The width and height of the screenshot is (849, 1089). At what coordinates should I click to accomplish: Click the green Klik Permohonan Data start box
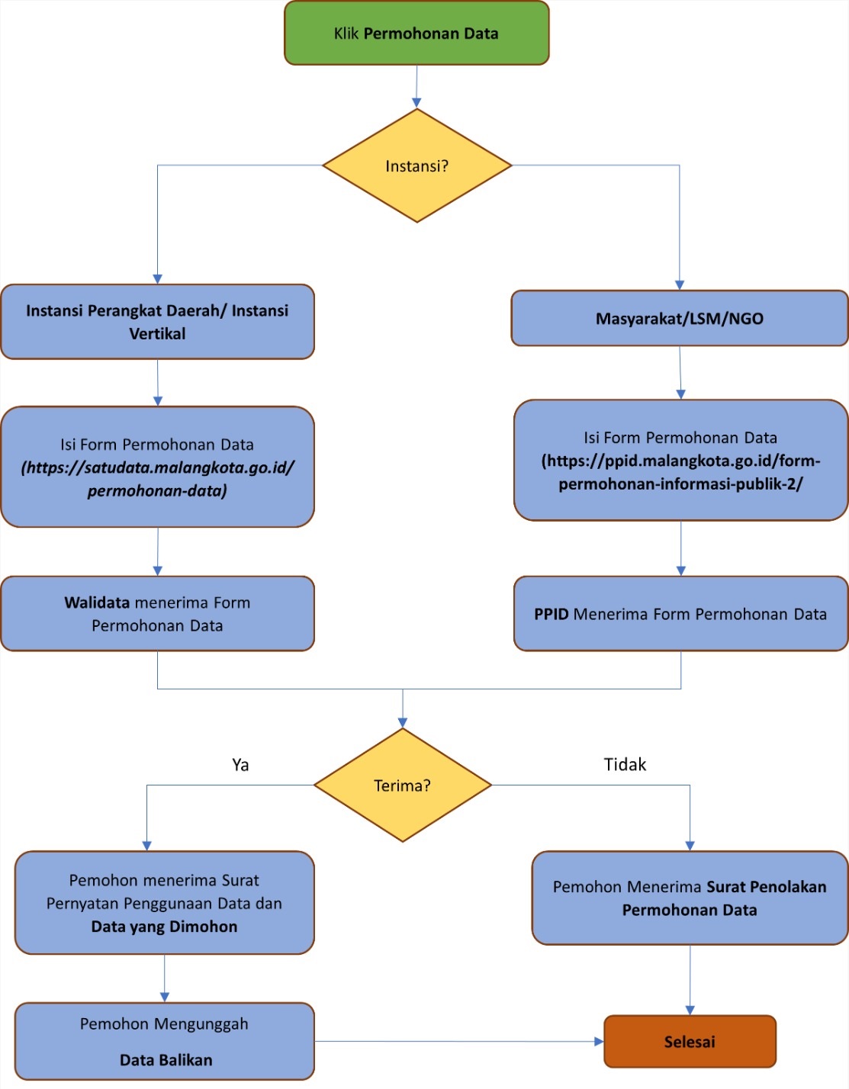[416, 34]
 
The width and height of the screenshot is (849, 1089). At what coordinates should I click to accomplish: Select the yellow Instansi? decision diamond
[416, 166]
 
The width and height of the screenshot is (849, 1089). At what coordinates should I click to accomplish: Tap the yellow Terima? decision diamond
[402, 785]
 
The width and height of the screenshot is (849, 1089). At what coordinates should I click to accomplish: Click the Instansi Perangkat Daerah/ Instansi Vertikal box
[157, 322]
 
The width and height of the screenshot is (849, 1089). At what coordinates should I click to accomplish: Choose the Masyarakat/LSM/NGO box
[679, 319]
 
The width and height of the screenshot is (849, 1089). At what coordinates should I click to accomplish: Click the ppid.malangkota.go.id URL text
[680, 472]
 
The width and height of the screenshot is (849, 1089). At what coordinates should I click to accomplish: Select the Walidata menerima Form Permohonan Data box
[157, 614]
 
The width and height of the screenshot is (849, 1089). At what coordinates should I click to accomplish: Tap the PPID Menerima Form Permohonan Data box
[680, 614]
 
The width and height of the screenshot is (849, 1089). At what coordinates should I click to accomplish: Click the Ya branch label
[240, 765]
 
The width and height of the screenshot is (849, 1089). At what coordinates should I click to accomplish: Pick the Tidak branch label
[625, 765]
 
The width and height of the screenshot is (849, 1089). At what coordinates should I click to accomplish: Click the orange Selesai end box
[690, 1042]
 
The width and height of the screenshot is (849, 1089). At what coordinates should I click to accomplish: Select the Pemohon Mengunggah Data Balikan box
[165, 1042]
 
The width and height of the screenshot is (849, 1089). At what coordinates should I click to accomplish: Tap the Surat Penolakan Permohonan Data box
[690, 898]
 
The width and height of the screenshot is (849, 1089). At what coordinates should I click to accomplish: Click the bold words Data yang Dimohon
[164, 927]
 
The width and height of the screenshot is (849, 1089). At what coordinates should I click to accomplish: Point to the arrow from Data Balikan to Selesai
[458, 1041]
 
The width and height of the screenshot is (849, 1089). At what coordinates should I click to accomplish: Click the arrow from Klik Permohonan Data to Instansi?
[416, 86]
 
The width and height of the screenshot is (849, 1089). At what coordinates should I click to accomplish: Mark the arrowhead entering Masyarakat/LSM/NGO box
[679, 285]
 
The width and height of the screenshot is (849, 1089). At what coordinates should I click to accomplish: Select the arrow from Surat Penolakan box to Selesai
[690, 980]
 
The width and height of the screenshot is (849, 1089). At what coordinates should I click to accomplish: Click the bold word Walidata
[97, 602]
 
